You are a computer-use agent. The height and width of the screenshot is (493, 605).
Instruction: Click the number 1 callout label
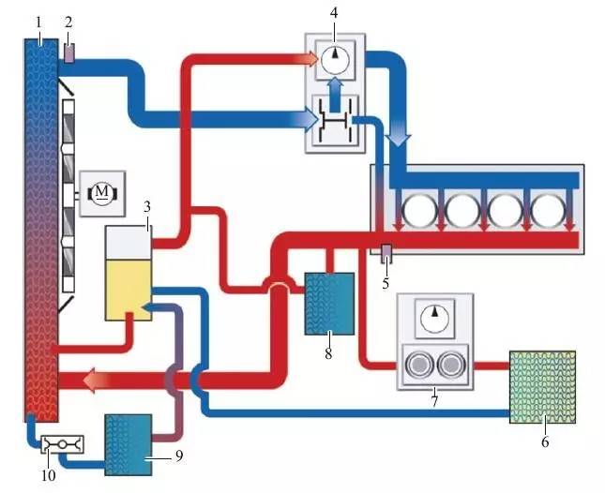coord(38,23)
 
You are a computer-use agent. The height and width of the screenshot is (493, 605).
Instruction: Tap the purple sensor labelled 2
coord(68,53)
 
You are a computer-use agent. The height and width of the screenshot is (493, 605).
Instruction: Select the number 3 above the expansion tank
coord(146,207)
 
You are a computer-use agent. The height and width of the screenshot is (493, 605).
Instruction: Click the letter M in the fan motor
coord(102,191)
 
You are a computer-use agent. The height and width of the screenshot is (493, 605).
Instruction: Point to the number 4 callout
coord(334,13)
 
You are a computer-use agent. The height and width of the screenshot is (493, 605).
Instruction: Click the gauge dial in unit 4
coord(335,60)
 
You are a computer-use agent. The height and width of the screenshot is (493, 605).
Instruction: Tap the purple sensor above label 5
coord(386,254)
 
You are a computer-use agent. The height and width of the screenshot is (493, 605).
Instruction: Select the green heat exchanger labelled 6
coord(542,387)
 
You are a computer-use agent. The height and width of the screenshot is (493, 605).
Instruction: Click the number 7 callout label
coord(435,401)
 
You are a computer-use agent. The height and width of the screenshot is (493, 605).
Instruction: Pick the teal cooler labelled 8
coord(329,304)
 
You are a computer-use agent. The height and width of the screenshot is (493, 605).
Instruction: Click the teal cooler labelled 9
coord(129,445)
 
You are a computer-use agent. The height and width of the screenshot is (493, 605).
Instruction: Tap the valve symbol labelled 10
coord(62,445)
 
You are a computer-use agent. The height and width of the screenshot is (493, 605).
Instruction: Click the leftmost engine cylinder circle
coord(419,210)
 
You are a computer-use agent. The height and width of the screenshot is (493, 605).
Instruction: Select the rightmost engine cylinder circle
coord(548,210)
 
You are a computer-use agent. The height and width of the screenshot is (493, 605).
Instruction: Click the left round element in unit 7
coord(420,365)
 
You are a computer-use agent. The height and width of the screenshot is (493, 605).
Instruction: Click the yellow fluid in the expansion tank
coord(129,290)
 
